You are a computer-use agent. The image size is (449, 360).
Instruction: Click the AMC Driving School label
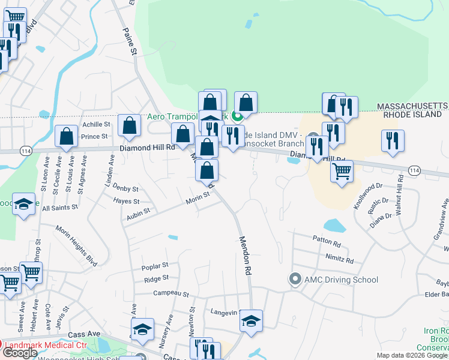tap(341, 280)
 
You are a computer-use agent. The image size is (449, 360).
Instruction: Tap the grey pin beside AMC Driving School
tap(295, 279)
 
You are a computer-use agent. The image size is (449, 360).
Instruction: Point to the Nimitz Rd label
tap(340, 261)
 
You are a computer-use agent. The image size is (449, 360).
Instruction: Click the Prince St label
tap(94, 137)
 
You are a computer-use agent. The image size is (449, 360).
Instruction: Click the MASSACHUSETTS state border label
tap(411, 106)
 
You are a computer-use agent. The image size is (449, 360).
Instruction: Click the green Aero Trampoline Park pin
tap(237, 116)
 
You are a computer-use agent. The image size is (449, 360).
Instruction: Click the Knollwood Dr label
tap(368, 196)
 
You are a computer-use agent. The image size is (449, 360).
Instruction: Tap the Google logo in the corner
tap(20, 353)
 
